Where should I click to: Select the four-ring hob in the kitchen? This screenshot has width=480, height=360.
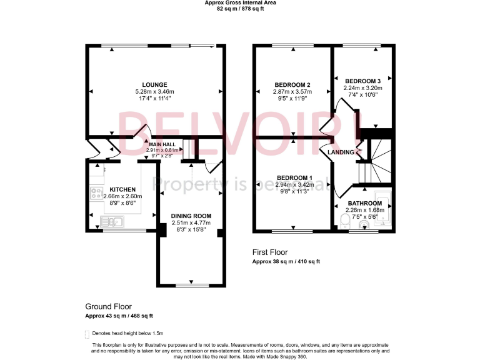point(97,193)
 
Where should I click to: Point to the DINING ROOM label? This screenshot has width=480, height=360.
point(191,216)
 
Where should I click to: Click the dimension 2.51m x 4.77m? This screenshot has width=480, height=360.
point(191,222)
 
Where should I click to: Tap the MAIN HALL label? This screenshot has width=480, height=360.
point(161,144)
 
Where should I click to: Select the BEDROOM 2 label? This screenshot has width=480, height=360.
point(292,85)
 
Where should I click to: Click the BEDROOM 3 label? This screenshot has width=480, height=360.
point(362,81)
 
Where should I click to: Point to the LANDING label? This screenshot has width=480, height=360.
point(341,152)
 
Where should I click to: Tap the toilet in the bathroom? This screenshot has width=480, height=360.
point(345,218)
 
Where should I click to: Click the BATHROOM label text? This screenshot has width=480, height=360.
point(364,203)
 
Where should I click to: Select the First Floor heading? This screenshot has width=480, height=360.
point(270,252)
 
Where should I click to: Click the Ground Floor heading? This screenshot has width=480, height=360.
point(108,307)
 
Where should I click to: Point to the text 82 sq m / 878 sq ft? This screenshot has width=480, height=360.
point(241,9)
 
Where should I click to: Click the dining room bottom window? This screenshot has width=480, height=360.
point(191,286)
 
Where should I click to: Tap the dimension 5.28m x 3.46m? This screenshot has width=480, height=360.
point(154,91)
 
